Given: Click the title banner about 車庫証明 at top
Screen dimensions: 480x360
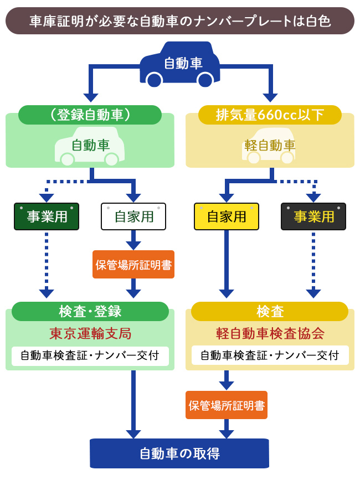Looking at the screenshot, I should tap(179, 21).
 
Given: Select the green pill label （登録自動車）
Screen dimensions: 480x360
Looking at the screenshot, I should tap(90, 115).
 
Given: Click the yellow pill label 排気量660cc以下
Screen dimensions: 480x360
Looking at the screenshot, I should tap(270, 115).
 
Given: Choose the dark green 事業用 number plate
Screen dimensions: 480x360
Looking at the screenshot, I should tap(47, 216).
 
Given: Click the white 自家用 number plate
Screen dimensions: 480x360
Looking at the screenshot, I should tap(133, 216).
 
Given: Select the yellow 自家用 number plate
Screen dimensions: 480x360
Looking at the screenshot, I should tap(227, 216).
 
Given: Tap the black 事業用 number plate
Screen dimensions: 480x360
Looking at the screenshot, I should tap(313, 216).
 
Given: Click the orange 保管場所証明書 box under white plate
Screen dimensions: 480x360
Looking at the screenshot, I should tap(133, 265).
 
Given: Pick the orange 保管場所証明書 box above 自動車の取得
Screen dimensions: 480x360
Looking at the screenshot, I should tap(227, 405).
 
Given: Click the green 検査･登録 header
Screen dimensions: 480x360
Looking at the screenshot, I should tap(90, 311).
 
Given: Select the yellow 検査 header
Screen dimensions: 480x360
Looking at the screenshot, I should tap(270, 311).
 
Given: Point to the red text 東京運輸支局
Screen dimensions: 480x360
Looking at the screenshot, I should tap(90, 334).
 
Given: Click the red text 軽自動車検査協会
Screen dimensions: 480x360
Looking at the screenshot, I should tap(270, 334).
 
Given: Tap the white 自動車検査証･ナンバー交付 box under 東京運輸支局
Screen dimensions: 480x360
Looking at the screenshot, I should tap(90, 355).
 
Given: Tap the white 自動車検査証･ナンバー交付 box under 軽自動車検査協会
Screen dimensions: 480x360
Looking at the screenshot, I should tap(270, 355).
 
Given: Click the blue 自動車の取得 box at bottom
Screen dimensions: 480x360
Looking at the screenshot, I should tap(179, 454).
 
